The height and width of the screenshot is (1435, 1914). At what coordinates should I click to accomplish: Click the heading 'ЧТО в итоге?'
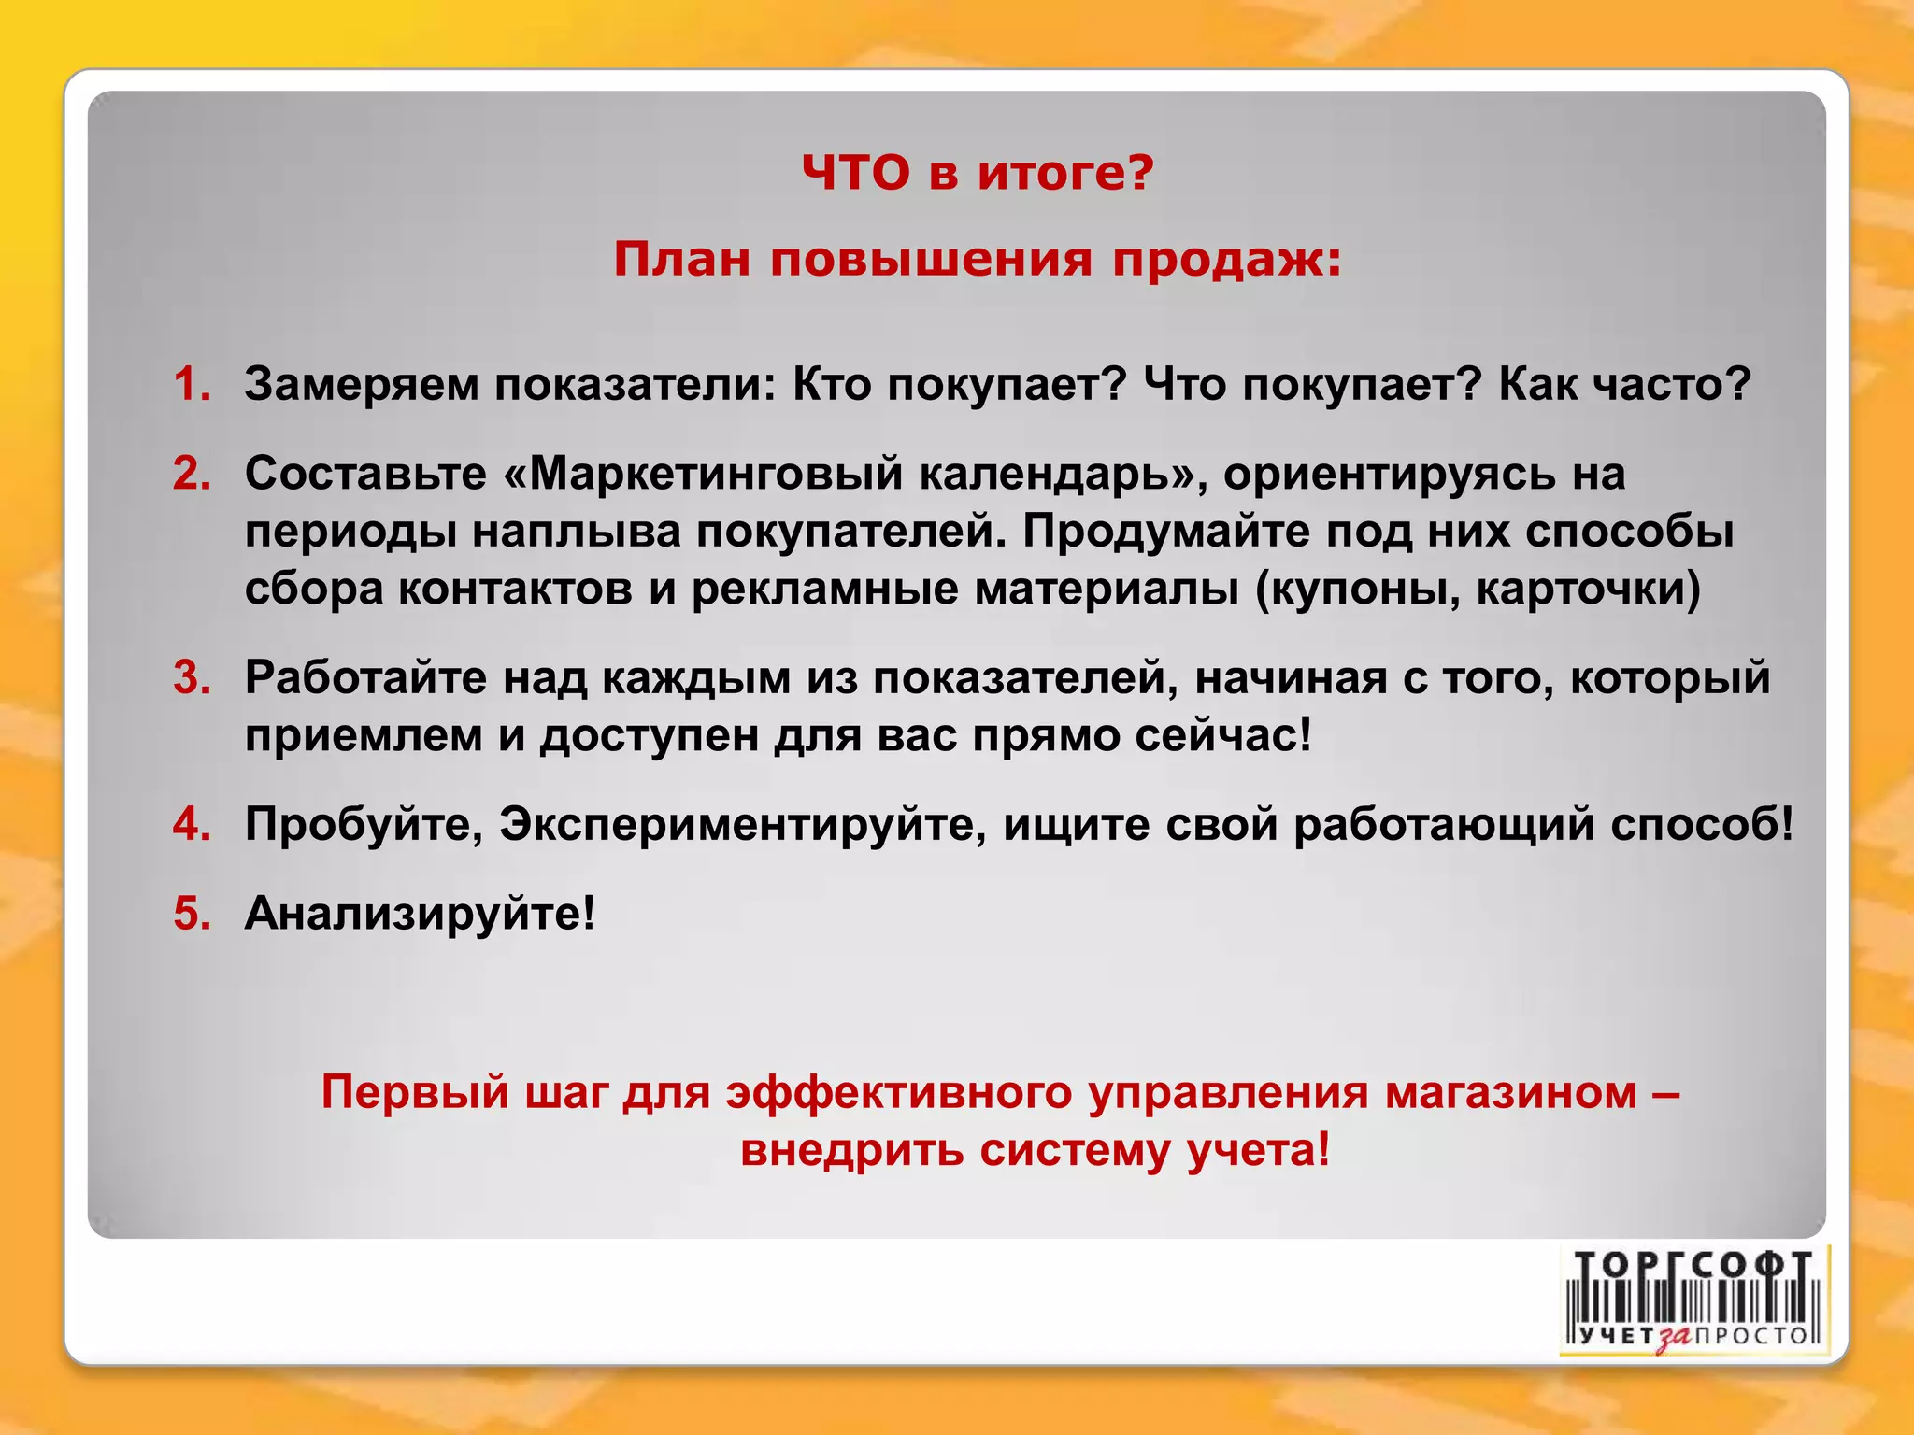pyautogui.click(x=978, y=173)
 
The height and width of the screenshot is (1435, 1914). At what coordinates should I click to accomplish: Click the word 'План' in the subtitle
pyautogui.click(x=681, y=260)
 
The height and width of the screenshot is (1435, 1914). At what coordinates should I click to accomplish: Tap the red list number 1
pyautogui.click(x=192, y=384)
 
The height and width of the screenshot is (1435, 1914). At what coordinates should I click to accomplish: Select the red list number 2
pyautogui.click(x=192, y=474)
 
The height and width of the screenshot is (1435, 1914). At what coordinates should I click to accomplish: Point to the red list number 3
pyautogui.click(x=192, y=677)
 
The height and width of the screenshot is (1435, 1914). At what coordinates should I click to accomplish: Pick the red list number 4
pyautogui.click(x=192, y=824)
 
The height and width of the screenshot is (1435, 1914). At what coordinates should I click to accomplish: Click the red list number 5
pyautogui.click(x=192, y=913)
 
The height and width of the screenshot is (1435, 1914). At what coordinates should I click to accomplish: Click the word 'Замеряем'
pyautogui.click(x=362, y=384)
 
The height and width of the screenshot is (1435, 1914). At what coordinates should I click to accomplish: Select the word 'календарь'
pyautogui.click(x=1050, y=474)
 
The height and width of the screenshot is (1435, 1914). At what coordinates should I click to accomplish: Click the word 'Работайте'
pyautogui.click(x=365, y=677)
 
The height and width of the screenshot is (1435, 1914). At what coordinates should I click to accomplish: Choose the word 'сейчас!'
pyautogui.click(x=1223, y=735)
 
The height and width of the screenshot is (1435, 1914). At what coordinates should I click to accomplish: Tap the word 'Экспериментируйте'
pyautogui.click(x=742, y=824)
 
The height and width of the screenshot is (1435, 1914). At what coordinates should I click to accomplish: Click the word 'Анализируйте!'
pyautogui.click(x=420, y=913)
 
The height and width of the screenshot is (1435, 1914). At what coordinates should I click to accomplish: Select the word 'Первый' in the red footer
pyautogui.click(x=415, y=1091)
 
